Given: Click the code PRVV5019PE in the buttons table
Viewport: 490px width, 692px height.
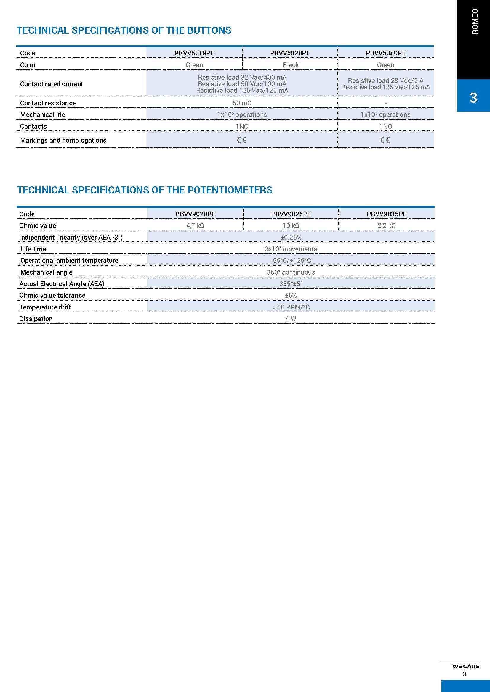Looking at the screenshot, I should (194, 53).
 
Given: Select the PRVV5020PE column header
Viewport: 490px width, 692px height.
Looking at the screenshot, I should (290, 53).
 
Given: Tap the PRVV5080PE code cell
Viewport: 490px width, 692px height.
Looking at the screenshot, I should (386, 53).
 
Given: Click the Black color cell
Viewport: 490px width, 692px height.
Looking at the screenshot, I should (291, 65).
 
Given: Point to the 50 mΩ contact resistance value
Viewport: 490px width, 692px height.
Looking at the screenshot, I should (242, 103).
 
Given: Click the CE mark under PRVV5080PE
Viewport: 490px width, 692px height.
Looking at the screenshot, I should (385, 140).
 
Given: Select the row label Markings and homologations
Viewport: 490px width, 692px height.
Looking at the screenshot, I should (63, 140).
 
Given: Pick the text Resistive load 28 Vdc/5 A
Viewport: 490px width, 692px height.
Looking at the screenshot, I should (385, 80).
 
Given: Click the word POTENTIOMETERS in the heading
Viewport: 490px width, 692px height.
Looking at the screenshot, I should (230, 190).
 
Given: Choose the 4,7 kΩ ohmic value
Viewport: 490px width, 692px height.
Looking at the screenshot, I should (195, 225).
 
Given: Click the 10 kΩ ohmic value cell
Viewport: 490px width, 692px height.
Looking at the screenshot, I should (291, 225).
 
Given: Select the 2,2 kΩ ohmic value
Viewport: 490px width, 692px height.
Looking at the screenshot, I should (387, 225).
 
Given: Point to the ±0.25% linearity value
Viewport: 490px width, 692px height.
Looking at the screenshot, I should (291, 237).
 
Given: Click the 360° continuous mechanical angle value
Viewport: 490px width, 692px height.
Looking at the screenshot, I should (291, 272).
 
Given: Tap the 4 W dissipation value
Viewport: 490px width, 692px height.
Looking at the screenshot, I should (291, 319).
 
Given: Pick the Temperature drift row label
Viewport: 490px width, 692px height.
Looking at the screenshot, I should (45, 307).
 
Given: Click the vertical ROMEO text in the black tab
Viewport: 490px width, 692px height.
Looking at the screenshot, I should (475, 22).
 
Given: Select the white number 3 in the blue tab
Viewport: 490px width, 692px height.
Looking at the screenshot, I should (473, 98).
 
